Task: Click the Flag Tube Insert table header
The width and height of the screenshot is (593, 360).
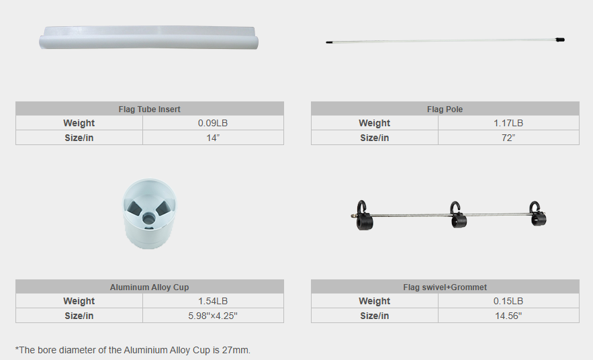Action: [x=149, y=109]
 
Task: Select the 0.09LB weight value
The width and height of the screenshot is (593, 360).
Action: [x=213, y=124]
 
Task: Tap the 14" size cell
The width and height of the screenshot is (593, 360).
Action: [x=213, y=138]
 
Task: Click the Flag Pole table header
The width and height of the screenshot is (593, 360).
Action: [x=445, y=109]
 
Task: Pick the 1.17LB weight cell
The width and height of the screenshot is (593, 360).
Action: [x=508, y=124]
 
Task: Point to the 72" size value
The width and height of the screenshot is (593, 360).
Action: [x=508, y=138]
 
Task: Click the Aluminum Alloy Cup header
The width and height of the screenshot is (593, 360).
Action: [x=149, y=287]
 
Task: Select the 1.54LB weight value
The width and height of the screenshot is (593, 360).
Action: [x=213, y=302]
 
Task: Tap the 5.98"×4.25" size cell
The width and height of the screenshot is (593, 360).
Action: [x=213, y=316]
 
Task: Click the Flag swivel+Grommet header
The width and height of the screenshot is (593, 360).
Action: [x=445, y=287]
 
